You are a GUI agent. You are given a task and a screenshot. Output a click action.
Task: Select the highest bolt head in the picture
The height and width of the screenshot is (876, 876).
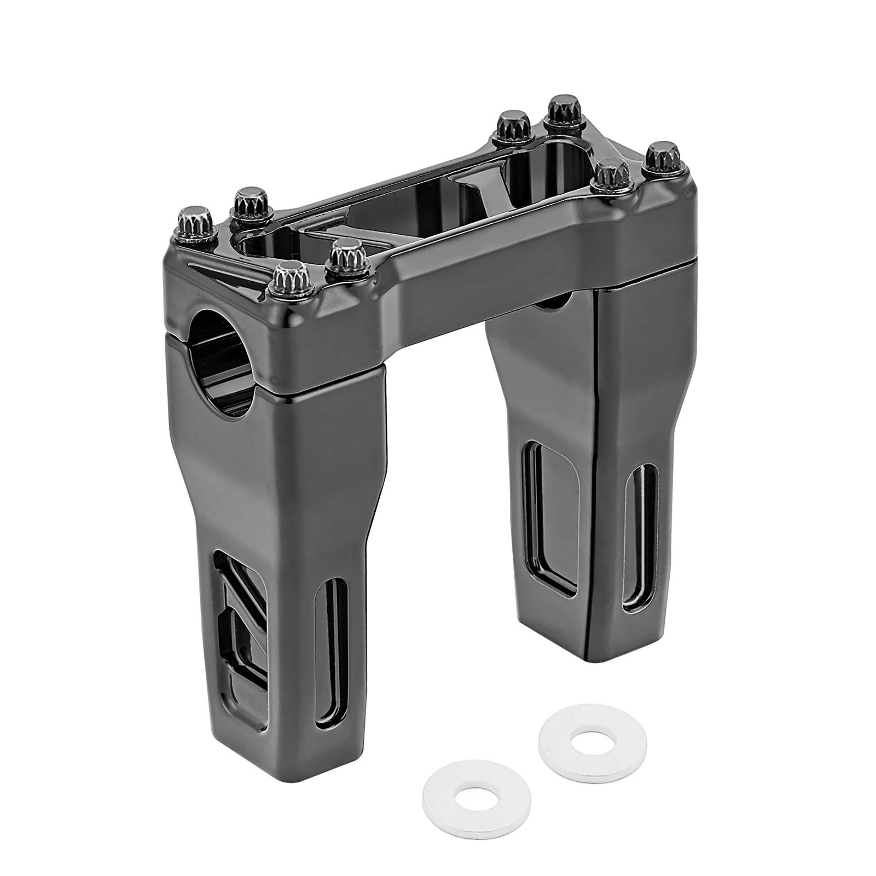[561, 108]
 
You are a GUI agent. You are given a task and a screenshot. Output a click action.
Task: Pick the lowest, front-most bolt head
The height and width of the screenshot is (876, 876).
[291, 277]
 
